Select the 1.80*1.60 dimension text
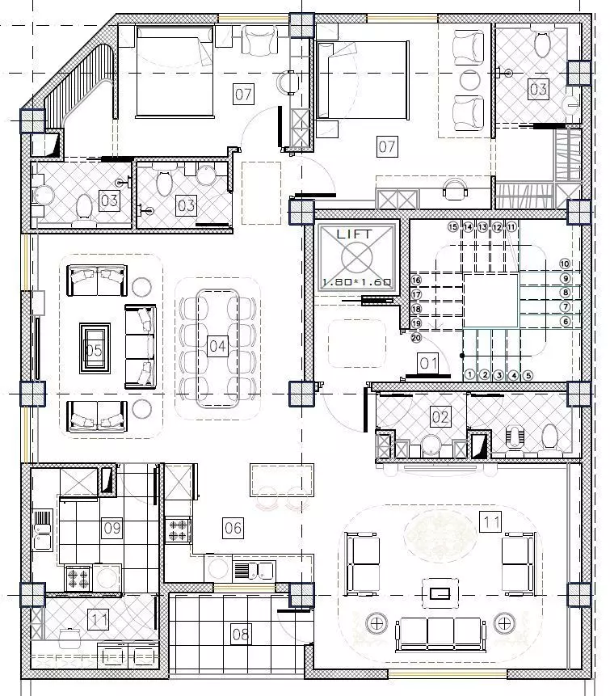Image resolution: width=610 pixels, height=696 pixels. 356,282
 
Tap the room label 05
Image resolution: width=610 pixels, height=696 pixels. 94,349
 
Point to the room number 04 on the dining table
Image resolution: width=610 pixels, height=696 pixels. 217,347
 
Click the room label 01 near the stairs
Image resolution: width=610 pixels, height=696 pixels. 427,363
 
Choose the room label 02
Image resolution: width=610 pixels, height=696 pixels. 440,417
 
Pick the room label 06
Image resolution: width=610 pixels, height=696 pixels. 233,528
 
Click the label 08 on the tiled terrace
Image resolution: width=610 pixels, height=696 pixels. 241,634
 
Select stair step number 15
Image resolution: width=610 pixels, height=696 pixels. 452,227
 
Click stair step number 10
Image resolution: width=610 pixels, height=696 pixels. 565,264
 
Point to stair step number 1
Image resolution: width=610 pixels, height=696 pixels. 469,374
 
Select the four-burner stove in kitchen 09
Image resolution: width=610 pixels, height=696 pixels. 78,577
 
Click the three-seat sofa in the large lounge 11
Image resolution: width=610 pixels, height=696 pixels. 440,633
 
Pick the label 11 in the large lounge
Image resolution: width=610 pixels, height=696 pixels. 490,522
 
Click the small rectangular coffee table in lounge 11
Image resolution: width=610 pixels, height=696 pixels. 440,593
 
